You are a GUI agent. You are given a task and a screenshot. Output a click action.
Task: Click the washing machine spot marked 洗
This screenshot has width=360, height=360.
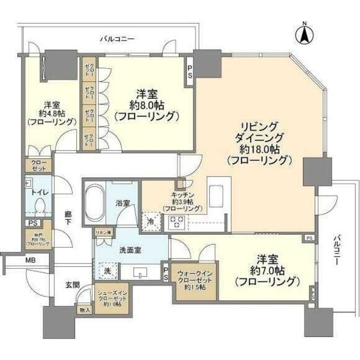[107, 270]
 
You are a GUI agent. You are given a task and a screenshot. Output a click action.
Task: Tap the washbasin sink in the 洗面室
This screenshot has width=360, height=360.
[140, 273]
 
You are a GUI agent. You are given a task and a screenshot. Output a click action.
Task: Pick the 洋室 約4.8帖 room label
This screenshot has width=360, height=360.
[52, 113]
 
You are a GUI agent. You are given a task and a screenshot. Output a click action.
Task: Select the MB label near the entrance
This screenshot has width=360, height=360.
[30, 261]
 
